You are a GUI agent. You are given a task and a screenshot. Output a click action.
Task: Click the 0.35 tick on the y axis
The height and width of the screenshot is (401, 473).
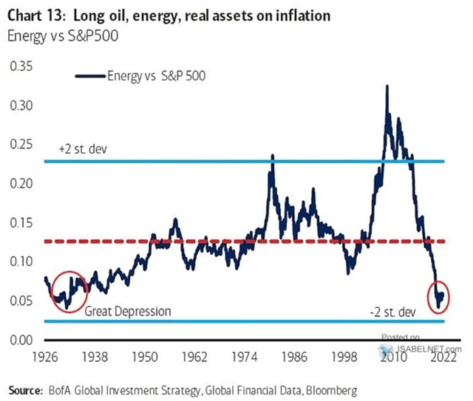[x=22, y=66]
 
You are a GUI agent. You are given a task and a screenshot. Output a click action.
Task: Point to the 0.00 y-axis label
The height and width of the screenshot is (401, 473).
[x=22, y=340]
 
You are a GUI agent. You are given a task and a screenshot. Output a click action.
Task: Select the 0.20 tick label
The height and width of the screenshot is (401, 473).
[x=22, y=183]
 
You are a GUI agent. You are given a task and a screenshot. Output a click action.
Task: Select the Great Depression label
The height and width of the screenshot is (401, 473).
[x=128, y=311]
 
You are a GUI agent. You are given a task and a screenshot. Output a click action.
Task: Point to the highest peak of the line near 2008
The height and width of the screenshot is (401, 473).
[x=387, y=86]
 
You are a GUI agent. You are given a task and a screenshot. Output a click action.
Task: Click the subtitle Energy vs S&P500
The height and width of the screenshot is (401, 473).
[x=56, y=34]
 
